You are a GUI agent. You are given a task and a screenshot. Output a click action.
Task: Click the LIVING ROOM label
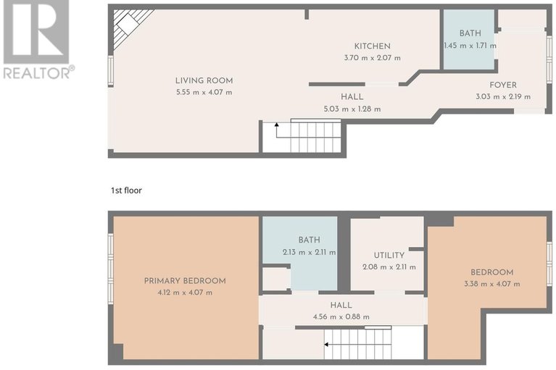[x=204, y=80]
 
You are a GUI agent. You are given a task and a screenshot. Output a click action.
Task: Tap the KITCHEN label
[x=372, y=46]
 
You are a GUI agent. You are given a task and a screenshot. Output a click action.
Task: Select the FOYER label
[x=502, y=85]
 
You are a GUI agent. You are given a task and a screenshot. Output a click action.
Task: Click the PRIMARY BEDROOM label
[x=184, y=281]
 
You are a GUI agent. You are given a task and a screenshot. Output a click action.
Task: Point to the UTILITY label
[x=389, y=256]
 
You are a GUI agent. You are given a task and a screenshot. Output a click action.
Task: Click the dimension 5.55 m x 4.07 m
[x=204, y=92]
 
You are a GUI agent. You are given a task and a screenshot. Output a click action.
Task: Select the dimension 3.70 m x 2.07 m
[x=372, y=58]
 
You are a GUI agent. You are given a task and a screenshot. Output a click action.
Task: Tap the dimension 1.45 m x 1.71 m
[x=470, y=46]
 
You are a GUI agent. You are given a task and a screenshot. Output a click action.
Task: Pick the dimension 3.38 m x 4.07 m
[x=492, y=284]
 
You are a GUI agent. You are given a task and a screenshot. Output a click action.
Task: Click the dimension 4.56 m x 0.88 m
[x=341, y=316]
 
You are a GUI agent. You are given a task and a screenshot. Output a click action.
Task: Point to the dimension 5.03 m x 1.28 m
[x=352, y=109]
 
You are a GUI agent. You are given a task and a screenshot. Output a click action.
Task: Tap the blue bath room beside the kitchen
[x=469, y=40]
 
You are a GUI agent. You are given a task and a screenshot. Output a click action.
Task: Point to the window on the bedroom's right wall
[x=549, y=262]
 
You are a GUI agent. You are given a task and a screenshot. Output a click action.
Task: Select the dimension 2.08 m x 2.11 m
[x=389, y=266]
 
